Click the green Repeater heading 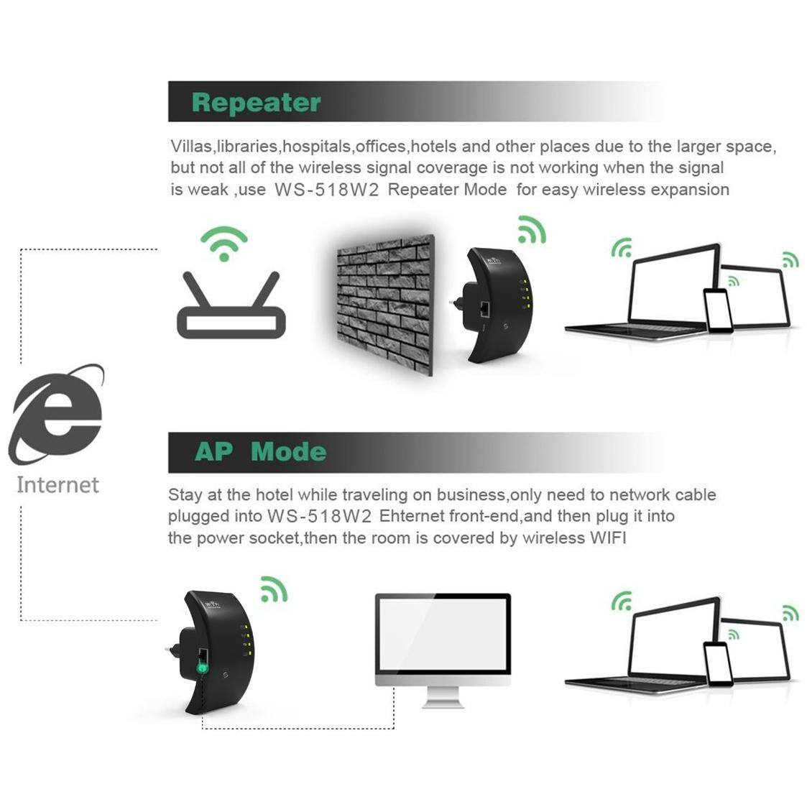click(256, 103)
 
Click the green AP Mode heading click(260, 452)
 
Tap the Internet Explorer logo click(57, 414)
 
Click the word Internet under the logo click(57, 485)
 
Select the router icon click(231, 305)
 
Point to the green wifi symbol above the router click(224, 243)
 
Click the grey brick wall click(385, 304)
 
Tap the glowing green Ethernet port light click(202, 668)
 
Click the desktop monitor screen click(443, 634)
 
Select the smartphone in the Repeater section click(718, 310)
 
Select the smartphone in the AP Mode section click(718, 664)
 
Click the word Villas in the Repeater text click(191, 147)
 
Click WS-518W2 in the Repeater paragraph click(327, 190)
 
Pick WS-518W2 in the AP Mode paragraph click(319, 516)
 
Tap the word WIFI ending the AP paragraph click(608, 538)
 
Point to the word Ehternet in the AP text click(411, 516)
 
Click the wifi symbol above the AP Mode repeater click(274, 589)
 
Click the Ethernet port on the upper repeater click(485, 309)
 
